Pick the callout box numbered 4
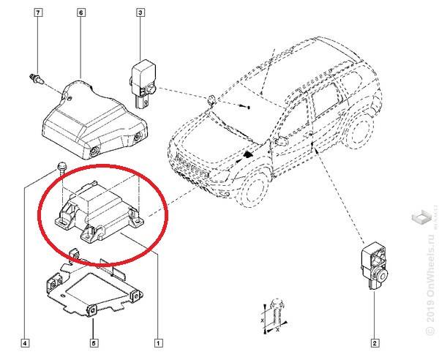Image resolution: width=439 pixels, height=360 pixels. [25, 342]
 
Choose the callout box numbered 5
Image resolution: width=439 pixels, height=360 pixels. [93, 342]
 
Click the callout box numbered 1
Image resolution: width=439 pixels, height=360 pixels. [158, 342]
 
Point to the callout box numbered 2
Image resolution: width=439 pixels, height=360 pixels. [374, 342]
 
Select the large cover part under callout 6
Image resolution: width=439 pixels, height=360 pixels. [91, 120]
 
